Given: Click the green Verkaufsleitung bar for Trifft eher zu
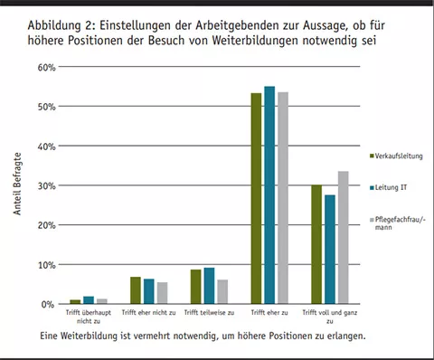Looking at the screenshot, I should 256,199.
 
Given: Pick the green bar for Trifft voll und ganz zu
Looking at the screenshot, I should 316,244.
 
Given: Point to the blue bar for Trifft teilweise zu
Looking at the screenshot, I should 210,286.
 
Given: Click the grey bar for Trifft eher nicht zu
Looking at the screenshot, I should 163,293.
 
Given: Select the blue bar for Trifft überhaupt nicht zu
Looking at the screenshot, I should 89,300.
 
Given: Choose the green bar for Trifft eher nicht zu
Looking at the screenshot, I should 136,290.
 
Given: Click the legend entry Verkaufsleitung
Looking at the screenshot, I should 399,156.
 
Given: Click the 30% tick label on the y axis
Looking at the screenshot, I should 46,186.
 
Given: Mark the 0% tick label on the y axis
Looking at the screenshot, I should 49,305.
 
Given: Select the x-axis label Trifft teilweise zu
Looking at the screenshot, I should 210,313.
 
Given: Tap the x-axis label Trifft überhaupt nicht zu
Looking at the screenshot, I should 89,317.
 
